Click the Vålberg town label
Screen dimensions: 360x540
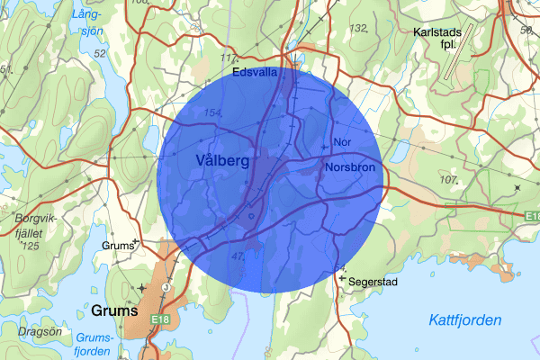point(220,159)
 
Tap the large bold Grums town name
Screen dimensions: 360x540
point(115,311)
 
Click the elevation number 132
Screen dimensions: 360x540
point(359,29)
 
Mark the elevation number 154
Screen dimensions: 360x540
point(213,112)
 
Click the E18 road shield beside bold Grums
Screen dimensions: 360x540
point(160,319)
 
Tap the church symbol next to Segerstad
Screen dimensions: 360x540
point(341,278)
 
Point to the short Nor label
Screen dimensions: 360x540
point(341,142)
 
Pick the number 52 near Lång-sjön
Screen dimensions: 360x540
point(100,54)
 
